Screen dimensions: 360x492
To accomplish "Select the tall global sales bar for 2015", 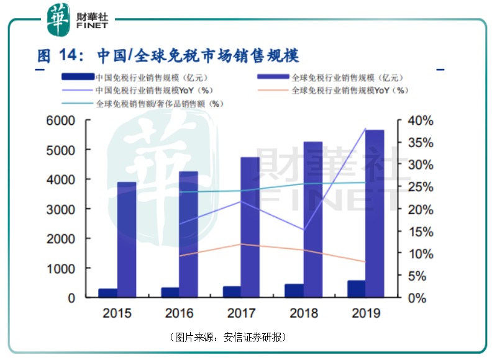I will [127, 240].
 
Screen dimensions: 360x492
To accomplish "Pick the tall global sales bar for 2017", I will [250, 227].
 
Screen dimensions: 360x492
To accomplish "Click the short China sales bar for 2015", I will [108, 293].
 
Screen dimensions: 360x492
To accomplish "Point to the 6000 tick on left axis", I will [64, 120].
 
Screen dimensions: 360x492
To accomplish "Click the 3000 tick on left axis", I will [64, 209].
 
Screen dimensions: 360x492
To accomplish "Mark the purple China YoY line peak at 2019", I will [365, 129].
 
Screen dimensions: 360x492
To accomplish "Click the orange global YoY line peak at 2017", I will [241, 244].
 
